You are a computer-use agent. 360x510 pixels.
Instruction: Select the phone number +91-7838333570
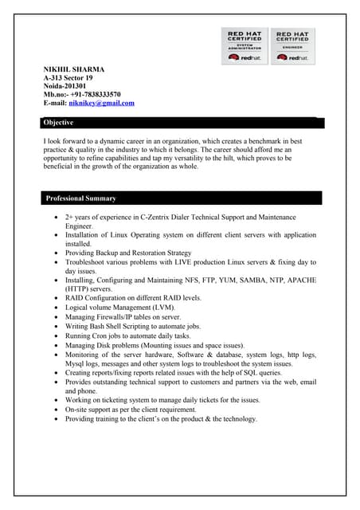(94, 95)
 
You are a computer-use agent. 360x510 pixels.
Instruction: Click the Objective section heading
(58, 123)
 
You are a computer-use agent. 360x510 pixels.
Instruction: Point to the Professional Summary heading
(80, 198)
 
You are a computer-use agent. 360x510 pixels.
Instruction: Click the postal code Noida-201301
(65, 87)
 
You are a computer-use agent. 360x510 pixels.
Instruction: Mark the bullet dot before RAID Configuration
(54, 298)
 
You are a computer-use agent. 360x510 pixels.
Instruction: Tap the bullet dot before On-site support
(54, 409)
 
